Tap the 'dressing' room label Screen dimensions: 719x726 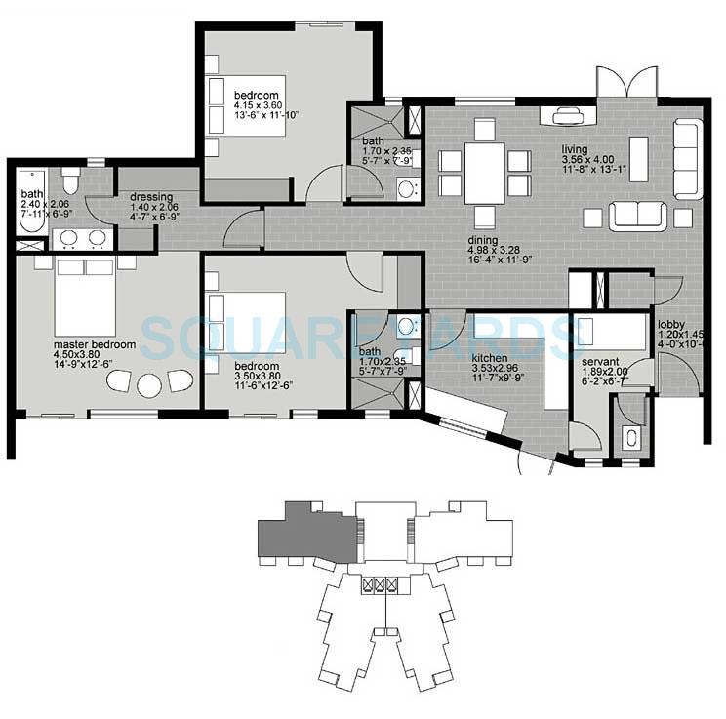coord(151,197)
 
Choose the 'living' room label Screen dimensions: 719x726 coord(575,150)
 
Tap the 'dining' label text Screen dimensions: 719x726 coord(482,241)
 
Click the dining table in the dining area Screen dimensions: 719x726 coord(484,173)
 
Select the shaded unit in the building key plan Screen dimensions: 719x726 coord(299,535)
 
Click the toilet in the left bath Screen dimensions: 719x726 coord(69,180)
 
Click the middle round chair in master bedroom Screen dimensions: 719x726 coord(148,384)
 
